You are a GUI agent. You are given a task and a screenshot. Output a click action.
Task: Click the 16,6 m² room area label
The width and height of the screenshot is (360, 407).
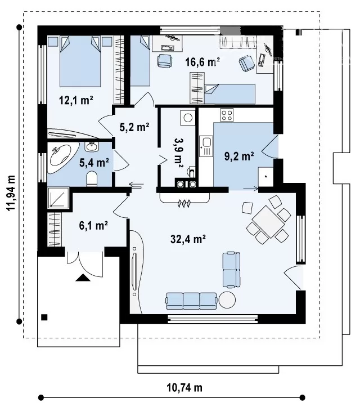coord(202,62)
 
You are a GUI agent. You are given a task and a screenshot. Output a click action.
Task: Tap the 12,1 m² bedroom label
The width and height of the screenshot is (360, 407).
coord(76,100)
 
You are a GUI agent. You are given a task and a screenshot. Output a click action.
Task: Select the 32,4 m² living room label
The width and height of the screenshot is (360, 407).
coord(188,239)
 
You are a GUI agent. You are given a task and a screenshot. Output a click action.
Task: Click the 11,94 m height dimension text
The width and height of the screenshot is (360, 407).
coord(11,193)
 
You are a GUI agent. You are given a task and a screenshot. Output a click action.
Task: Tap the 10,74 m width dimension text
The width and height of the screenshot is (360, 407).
coord(184,388)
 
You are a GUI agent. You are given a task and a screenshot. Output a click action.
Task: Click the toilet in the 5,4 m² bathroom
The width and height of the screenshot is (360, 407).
coord(91,178)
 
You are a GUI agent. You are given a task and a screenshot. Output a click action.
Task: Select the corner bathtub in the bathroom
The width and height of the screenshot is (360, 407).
coord(64,157)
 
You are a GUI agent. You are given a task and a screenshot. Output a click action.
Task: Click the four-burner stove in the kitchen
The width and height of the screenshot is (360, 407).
coord(227,114)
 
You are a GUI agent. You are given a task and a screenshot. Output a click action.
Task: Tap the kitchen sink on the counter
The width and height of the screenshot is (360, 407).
coord(206,146)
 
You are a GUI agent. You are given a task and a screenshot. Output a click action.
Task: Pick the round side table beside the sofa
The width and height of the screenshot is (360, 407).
coord(227,300)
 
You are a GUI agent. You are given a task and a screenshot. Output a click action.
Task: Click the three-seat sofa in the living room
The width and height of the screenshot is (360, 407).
coord(191,301)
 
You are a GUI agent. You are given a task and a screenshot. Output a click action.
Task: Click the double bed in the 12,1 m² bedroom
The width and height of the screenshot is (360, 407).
coord(80,61)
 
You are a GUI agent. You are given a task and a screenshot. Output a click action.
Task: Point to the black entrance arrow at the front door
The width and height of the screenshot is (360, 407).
coord(83,278)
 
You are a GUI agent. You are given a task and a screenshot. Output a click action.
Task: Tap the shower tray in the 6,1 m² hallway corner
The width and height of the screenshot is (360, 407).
coord(58,198)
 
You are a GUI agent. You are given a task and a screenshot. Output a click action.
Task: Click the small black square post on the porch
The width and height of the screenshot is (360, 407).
coord(44,317)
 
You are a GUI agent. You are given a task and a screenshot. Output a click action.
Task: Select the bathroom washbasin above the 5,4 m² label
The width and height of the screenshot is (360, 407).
coord(92,147)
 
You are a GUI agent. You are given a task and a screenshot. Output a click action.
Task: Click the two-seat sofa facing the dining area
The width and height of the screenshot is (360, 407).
coord(231,270)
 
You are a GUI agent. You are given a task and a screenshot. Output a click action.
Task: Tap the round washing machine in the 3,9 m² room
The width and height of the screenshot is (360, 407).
coord(188,118)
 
